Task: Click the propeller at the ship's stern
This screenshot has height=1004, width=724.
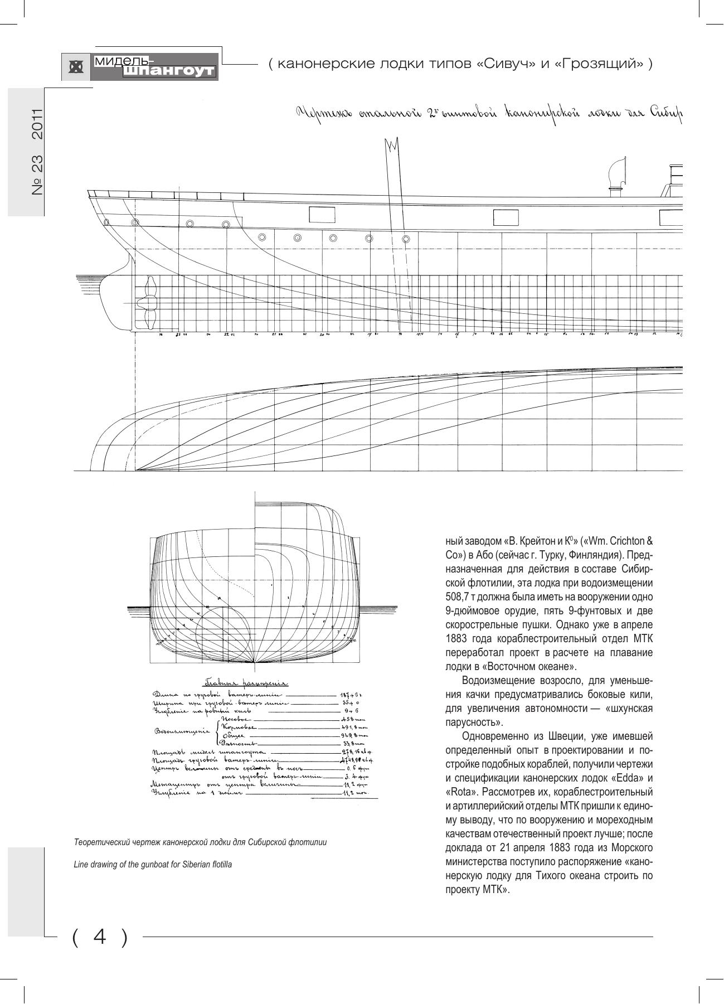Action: [149, 303]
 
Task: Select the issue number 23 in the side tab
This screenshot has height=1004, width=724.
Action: [37, 166]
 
